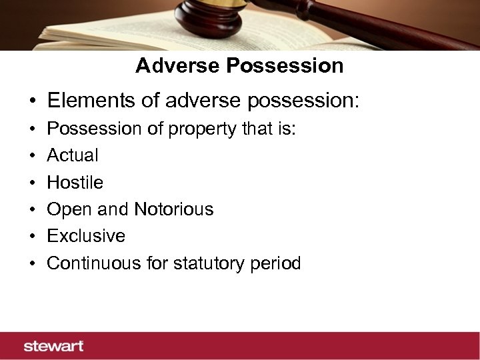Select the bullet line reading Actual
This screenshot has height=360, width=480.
(72, 155)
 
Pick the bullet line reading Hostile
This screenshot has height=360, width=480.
(75, 182)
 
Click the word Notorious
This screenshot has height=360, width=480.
(173, 209)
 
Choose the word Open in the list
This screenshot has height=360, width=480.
(64, 209)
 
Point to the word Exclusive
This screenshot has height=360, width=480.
(85, 236)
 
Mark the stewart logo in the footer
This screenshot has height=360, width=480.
(53, 346)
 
